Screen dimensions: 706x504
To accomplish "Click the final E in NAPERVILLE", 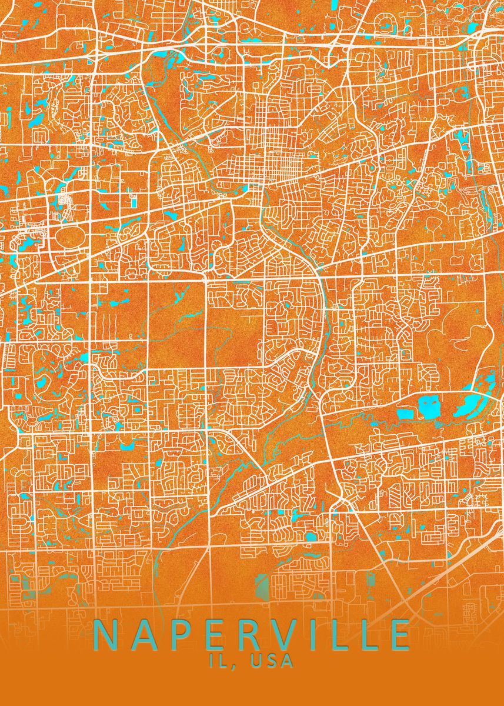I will tap(400, 635).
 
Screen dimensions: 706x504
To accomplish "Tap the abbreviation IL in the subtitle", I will tap(219, 661).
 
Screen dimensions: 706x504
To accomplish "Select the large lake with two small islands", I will tap(430, 407).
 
